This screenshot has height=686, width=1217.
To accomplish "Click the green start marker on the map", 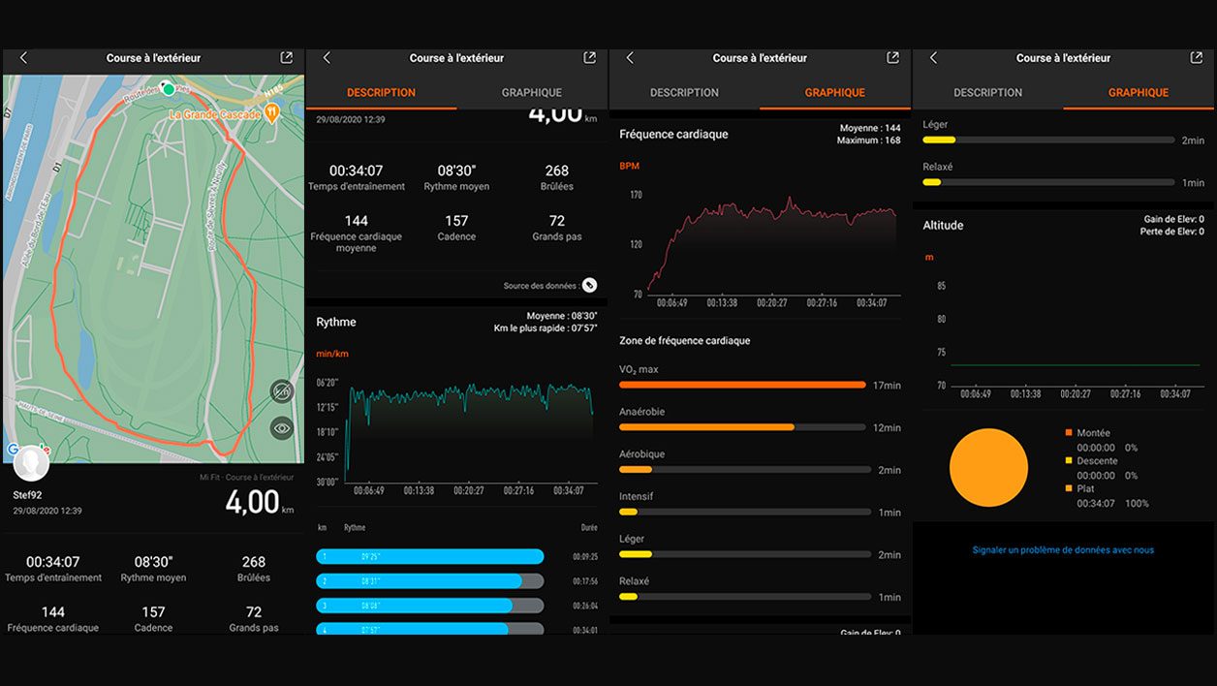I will click(x=169, y=89).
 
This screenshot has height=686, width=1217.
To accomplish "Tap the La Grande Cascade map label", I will click(x=215, y=114).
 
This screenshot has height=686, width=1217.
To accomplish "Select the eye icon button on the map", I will click(x=282, y=427).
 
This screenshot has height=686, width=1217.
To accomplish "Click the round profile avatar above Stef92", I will click(x=31, y=463).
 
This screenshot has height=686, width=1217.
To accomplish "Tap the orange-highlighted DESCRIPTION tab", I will click(x=381, y=93).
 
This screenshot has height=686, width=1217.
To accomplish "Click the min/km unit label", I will click(x=332, y=354).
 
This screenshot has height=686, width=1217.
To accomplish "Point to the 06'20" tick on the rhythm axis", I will click(x=327, y=382).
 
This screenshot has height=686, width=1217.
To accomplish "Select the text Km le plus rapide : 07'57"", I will click(x=546, y=328).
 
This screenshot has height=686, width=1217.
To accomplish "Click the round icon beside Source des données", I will click(x=589, y=285).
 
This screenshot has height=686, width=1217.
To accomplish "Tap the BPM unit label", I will click(x=630, y=167).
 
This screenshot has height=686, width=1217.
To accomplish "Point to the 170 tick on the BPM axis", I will click(x=636, y=195).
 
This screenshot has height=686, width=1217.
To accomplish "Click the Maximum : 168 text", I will click(x=868, y=140).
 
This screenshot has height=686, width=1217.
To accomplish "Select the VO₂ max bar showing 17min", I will click(x=742, y=385).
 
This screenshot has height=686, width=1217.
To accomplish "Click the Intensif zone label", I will click(x=636, y=496).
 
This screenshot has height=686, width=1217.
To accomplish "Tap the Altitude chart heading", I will click(x=943, y=225).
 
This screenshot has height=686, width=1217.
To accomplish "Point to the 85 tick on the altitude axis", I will click(x=941, y=286).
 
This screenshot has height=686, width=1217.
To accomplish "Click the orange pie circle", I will click(x=988, y=468).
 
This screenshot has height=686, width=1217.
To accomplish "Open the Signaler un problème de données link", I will click(x=1063, y=550).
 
